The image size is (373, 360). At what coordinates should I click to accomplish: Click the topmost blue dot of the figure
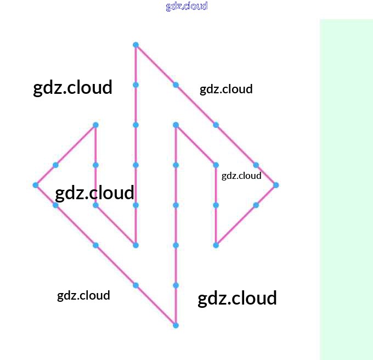[135, 44]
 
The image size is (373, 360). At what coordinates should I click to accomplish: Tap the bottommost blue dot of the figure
[176, 325]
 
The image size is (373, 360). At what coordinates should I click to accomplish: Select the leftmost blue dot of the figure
[36, 185]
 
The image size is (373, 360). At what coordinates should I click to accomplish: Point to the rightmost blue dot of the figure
[276, 185]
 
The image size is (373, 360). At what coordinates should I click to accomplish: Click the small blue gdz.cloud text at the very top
[187, 6]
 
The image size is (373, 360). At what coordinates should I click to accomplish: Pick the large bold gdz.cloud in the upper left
[73, 87]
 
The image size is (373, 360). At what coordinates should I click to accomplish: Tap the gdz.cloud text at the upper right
[226, 89]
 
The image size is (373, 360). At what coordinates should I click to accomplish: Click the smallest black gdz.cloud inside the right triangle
[241, 176]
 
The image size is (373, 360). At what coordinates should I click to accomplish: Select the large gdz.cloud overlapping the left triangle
[95, 193]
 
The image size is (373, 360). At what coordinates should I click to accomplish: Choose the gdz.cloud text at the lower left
[83, 295]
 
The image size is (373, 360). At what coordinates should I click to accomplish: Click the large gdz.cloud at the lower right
[237, 299]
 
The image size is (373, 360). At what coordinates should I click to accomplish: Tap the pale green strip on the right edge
[346, 189]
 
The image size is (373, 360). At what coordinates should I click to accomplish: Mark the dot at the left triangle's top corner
[95, 125]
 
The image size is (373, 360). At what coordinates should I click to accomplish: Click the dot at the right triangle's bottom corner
[216, 245]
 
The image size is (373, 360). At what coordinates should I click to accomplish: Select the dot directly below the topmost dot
[135, 85]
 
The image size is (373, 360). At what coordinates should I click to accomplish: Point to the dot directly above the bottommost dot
[176, 285]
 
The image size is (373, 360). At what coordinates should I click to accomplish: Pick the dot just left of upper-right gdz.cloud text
[176, 85]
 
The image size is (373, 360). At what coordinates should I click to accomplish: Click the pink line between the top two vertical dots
[135, 65]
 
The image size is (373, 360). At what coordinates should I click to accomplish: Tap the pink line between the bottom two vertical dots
[176, 306]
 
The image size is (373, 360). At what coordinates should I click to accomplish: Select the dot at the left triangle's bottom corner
[135, 245]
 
